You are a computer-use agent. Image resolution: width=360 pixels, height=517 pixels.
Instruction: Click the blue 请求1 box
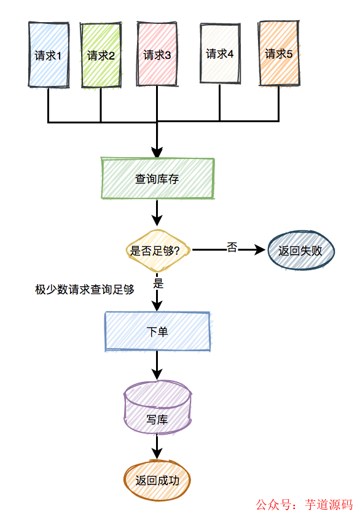pos(49,54)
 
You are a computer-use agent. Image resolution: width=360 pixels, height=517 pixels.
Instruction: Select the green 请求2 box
pos(101,55)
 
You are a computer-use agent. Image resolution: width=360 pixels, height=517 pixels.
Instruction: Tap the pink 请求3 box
pos(157,54)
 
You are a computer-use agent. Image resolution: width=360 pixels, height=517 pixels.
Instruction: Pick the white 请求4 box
pos(220,53)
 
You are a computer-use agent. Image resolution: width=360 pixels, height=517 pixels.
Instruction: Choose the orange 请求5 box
pos(279,53)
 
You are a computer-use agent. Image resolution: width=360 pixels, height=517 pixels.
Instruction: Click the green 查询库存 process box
pos(158,179)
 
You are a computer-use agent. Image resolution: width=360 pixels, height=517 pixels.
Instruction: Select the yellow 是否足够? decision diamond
pos(158,250)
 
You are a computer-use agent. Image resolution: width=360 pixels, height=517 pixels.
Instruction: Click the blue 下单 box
pos(158,332)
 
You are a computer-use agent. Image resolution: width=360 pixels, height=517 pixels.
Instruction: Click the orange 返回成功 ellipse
pos(157,480)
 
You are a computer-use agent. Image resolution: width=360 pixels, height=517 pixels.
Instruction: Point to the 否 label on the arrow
pos(232,247)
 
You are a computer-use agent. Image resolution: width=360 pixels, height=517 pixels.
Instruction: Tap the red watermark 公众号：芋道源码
pos(304,505)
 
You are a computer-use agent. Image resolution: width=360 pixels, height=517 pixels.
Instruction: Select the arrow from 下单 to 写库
pos(158,366)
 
